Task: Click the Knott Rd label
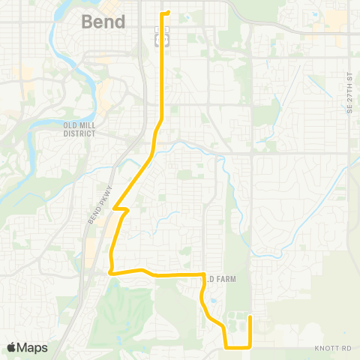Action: tap(333, 349)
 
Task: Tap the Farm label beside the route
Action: tap(221, 279)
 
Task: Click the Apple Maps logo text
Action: tap(27, 347)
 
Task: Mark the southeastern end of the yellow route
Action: tap(250, 317)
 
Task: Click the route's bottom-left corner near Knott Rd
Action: tap(226, 347)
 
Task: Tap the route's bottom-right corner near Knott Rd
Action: tap(250, 347)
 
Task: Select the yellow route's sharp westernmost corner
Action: tap(109, 273)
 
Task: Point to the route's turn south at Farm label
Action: tap(204, 276)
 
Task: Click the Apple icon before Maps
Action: tap(11, 347)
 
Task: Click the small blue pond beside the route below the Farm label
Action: tap(214, 302)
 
